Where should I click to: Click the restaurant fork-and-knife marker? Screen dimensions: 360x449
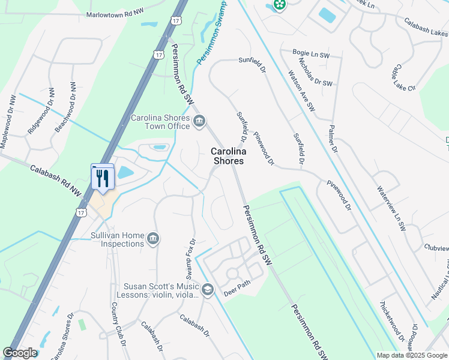click(102, 178)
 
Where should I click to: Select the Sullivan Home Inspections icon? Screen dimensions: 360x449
click(153, 239)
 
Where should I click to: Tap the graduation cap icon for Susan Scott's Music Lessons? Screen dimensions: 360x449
click(208, 290)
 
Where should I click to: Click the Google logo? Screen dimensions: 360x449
click(20, 353)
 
